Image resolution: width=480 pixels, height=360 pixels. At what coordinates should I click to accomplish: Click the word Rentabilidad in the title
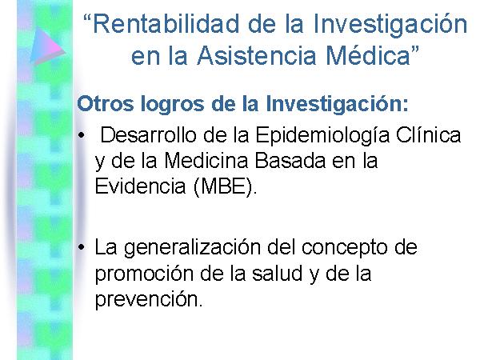coord(166,24)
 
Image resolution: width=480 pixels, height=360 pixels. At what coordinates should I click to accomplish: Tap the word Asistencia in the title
coord(257,56)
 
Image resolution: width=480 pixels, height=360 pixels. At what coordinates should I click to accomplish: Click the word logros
coord(172,105)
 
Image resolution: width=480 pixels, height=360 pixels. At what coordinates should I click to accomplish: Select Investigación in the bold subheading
coord(337,104)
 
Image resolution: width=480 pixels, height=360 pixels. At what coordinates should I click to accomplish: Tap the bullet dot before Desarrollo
coord(81,135)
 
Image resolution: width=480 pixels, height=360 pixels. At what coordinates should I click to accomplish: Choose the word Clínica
coord(429,134)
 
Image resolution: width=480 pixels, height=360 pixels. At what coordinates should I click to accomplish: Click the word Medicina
coord(206,161)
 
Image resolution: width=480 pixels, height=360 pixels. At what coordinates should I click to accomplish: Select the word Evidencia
coord(141,186)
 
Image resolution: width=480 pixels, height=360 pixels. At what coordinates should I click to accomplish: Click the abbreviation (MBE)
coord(225,186)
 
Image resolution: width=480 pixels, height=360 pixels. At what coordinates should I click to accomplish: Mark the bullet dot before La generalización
coord(81,247)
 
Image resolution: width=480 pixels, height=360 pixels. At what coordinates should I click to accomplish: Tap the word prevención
coord(149,300)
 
